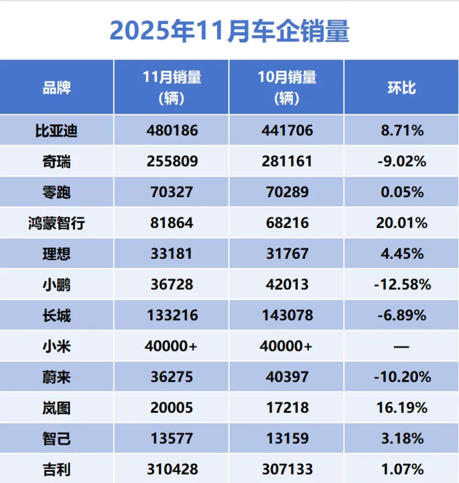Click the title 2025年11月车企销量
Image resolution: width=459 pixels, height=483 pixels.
point(229,30)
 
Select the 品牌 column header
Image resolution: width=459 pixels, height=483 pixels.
point(56,88)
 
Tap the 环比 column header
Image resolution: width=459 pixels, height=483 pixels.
point(401,88)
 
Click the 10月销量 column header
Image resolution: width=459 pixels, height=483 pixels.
point(287,87)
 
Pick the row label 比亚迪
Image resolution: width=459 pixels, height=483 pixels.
point(56,130)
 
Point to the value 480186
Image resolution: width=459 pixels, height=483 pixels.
point(172,130)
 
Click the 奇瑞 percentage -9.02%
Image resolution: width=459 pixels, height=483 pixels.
point(401,161)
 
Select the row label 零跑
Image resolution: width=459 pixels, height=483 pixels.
point(56,192)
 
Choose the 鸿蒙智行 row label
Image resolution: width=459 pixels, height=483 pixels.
point(56,223)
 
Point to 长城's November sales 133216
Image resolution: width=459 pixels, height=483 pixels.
point(172,315)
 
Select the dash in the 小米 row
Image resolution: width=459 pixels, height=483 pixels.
point(401,346)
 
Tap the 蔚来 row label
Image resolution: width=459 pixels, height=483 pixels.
point(56,377)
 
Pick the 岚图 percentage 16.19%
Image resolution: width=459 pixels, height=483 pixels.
point(401,408)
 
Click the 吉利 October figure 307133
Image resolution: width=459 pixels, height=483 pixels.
point(287,469)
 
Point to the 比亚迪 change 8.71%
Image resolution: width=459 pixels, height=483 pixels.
point(401,130)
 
